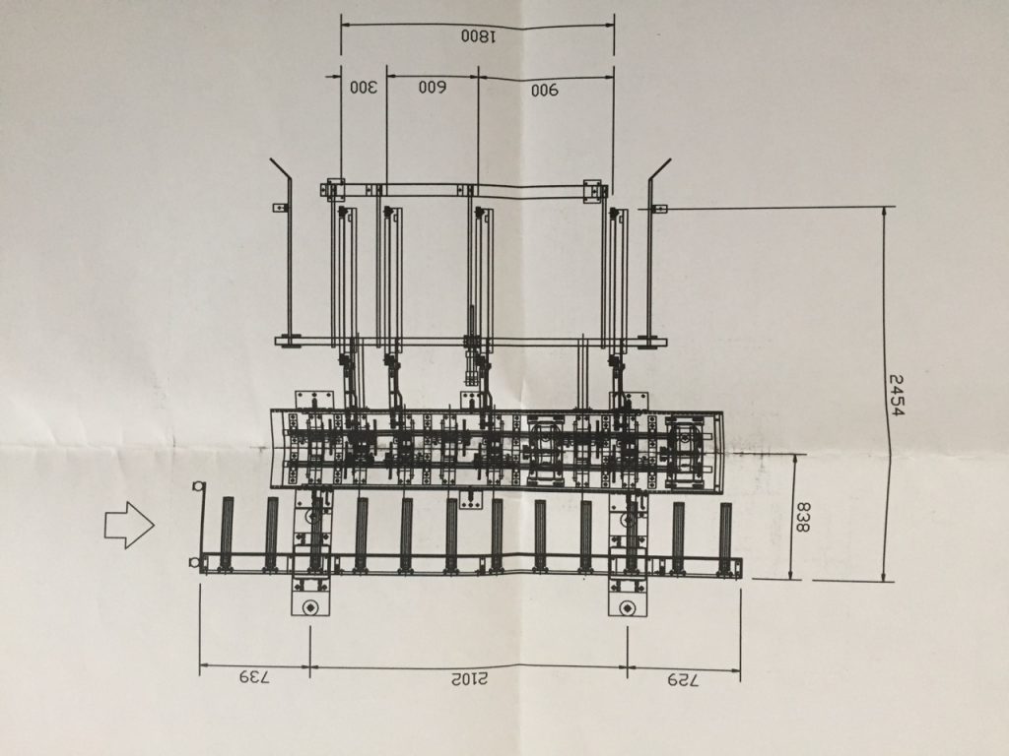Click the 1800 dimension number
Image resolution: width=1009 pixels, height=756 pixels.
(478, 36)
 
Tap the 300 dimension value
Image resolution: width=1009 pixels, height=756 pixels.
(364, 88)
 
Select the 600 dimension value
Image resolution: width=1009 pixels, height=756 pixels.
(433, 88)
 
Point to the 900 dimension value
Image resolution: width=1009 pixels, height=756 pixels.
(544, 90)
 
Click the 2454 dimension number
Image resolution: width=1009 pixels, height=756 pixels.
(896, 395)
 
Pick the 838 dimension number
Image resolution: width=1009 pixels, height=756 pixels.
(802, 518)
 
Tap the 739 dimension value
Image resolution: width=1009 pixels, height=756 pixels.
(255, 677)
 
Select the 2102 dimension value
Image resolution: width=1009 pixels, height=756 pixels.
(469, 679)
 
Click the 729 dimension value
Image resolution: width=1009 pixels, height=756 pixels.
(682, 679)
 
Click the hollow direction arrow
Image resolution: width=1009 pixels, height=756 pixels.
(129, 525)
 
